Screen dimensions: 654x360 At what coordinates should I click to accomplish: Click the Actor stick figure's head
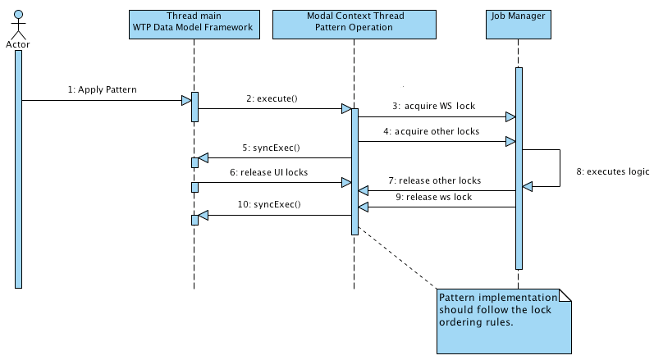coord(18,15)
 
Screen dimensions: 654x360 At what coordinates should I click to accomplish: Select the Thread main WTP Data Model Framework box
coord(194,25)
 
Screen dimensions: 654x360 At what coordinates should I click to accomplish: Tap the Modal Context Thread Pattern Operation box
coord(354,25)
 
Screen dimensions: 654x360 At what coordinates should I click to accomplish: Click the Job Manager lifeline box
coord(519,25)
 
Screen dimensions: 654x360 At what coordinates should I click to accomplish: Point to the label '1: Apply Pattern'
coord(103,89)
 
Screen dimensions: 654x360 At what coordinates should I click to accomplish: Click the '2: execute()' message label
coord(272,98)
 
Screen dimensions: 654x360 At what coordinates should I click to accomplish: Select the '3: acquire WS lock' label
coord(434,106)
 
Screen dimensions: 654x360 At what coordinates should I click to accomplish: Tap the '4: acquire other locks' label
coord(432,131)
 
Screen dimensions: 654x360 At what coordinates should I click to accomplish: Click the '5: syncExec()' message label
coord(271,148)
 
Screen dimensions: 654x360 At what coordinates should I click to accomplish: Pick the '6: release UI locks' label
coord(269,172)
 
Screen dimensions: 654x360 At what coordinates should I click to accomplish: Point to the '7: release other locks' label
coord(435,180)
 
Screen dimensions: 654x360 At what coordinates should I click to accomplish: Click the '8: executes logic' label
coord(613,171)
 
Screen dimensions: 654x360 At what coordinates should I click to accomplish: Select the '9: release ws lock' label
coord(434,197)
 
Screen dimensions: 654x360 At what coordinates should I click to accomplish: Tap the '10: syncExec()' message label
coord(269,204)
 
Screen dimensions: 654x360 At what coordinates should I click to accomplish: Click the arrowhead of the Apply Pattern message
coord(186,100)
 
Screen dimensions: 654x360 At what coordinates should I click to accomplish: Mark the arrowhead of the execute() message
coord(346,109)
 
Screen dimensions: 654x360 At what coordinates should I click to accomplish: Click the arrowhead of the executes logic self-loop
coord(527,187)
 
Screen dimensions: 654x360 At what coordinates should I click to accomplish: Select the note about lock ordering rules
coord(505,321)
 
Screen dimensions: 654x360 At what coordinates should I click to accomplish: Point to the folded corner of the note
coord(565,295)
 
